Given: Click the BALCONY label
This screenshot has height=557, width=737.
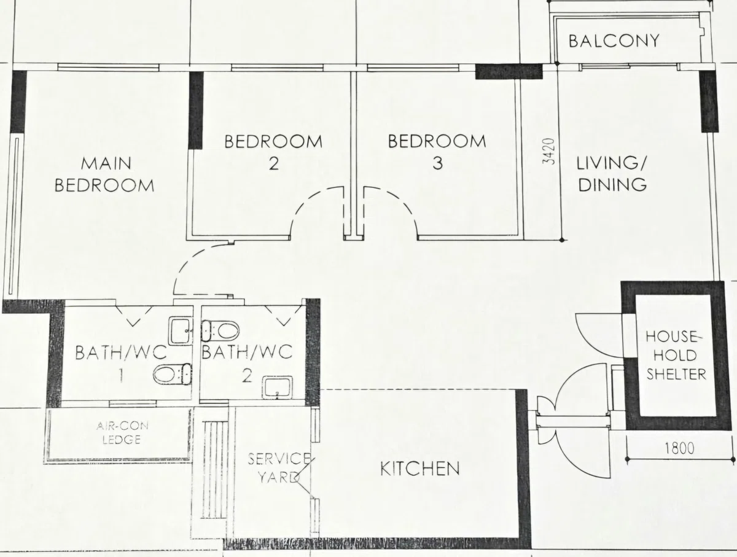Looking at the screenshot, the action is pyautogui.click(x=614, y=41).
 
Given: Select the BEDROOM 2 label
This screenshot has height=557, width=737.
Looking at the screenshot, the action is pyautogui.click(x=273, y=152).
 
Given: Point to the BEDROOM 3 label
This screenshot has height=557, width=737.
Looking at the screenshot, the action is pyautogui.click(x=437, y=152).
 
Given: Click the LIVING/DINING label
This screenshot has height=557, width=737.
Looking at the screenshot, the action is pyautogui.click(x=612, y=174).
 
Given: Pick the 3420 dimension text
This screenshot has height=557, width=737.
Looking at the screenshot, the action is pyautogui.click(x=548, y=151).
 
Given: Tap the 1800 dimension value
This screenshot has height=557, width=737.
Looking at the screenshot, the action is pyautogui.click(x=680, y=448).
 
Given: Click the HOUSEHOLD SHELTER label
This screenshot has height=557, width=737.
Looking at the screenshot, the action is pyautogui.click(x=676, y=356).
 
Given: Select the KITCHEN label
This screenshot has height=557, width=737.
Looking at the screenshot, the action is pyautogui.click(x=420, y=469).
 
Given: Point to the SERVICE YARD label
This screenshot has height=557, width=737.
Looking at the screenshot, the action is pyautogui.click(x=279, y=468).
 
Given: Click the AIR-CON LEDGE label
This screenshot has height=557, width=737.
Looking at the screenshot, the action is pyautogui.click(x=122, y=433).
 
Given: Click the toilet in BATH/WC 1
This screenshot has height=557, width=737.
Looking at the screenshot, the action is pyautogui.click(x=172, y=375).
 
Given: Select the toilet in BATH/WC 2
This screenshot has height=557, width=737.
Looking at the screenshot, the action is pyautogui.click(x=220, y=331).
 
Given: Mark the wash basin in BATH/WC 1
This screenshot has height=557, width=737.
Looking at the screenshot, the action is pyautogui.click(x=181, y=330).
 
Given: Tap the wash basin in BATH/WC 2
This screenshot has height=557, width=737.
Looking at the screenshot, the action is pyautogui.click(x=278, y=387).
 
